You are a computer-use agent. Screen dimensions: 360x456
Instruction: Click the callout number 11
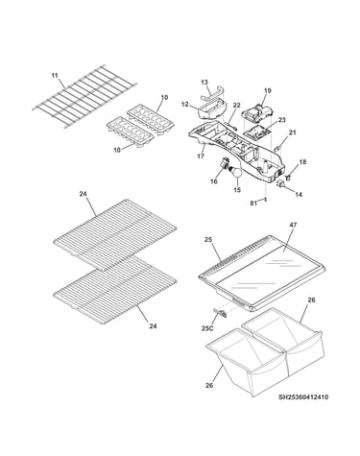click(55, 76)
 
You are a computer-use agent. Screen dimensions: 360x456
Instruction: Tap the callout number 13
click(204, 83)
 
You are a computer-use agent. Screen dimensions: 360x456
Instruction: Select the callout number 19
click(268, 90)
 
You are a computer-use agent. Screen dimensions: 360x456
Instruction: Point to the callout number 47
click(293, 225)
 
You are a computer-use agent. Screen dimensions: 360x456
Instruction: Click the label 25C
click(207, 328)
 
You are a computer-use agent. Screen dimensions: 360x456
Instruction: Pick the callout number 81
click(253, 203)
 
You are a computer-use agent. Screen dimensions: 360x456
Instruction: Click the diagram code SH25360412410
click(303, 397)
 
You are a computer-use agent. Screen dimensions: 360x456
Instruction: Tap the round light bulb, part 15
click(237, 172)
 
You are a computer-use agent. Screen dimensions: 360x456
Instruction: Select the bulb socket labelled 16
click(226, 163)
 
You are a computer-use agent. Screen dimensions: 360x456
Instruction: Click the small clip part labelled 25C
click(221, 312)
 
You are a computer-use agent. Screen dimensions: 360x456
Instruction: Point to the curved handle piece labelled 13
click(212, 94)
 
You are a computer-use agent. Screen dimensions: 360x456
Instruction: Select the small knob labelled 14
click(281, 183)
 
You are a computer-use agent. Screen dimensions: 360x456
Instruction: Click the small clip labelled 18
click(287, 176)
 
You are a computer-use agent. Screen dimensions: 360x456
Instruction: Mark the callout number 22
click(236, 105)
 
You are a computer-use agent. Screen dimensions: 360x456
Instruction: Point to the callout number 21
click(292, 132)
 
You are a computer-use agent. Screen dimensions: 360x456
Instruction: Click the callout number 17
click(201, 156)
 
